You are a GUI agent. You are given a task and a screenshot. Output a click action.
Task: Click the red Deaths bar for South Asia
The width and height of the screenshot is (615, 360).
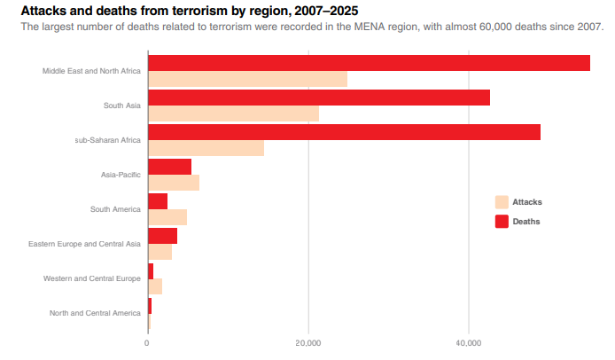[318, 98]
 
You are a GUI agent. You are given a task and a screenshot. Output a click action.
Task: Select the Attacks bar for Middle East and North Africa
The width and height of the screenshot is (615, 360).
[247, 79]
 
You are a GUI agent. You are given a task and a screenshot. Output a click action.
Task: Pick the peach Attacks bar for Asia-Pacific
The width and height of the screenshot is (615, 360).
[173, 183]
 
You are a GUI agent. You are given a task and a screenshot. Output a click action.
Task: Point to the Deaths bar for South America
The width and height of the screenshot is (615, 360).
[157, 201]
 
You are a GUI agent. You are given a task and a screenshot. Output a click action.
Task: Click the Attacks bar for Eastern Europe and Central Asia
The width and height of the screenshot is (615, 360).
[160, 252]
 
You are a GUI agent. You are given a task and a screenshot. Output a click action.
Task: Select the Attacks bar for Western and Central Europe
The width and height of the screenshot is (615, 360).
[154, 286]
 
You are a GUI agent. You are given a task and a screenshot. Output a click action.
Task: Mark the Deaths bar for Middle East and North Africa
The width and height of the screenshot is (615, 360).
[369, 63]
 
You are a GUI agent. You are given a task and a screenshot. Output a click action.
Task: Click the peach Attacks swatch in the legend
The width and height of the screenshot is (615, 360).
[502, 202]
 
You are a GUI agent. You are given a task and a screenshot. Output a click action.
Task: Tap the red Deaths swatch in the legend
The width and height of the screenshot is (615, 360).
[502, 221]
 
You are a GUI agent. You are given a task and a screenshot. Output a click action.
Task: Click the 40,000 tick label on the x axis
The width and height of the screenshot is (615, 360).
[468, 343]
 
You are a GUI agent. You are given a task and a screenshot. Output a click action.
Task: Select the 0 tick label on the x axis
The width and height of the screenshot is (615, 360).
[147, 343]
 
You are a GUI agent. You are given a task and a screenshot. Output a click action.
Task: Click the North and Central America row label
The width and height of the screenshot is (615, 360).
[95, 313]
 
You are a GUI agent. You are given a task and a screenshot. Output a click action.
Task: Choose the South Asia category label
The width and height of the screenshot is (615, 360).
[121, 106]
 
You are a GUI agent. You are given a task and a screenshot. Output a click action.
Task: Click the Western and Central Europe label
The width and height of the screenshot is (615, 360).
[92, 278]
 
